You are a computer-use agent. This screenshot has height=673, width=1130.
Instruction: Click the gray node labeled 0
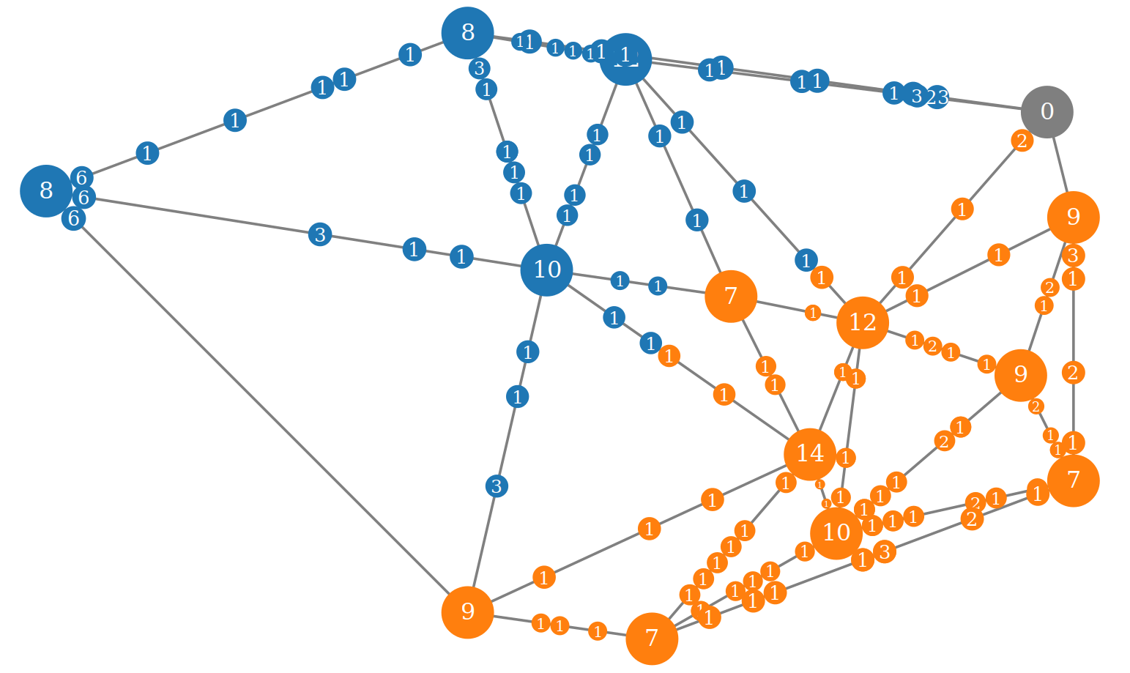tap(1047, 112)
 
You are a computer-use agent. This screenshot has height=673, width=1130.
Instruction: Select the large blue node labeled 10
tap(546, 269)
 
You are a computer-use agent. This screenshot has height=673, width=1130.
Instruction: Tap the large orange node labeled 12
tap(862, 322)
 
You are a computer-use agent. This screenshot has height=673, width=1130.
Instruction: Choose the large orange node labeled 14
tap(809, 454)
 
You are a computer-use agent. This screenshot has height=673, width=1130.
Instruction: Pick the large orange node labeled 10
tap(836, 533)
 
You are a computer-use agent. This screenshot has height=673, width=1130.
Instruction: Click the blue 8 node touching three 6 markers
tap(45, 190)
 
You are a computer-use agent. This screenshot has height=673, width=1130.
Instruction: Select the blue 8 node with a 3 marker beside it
tap(467, 33)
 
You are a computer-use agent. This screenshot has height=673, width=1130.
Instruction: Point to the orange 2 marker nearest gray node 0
tap(1022, 141)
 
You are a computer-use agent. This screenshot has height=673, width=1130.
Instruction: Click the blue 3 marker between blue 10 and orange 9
tap(497, 486)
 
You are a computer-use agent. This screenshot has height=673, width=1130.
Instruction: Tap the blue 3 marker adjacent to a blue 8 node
tap(479, 69)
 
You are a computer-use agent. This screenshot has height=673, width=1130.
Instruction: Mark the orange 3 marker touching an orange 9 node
tap(1073, 256)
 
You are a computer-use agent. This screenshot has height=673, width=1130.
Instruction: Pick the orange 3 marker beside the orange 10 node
tap(884, 551)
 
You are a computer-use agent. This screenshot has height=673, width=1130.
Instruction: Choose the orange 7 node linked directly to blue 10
tap(730, 296)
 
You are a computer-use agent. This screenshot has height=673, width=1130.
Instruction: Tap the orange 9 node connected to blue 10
tap(467, 611)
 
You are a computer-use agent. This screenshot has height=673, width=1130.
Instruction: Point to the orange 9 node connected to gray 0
tap(1073, 217)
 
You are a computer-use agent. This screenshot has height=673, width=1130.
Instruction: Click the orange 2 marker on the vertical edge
tap(1073, 373)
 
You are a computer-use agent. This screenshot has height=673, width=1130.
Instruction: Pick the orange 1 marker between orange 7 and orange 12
tap(812, 313)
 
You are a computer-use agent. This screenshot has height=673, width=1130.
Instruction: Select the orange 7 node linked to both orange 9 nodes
tap(1073, 480)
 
